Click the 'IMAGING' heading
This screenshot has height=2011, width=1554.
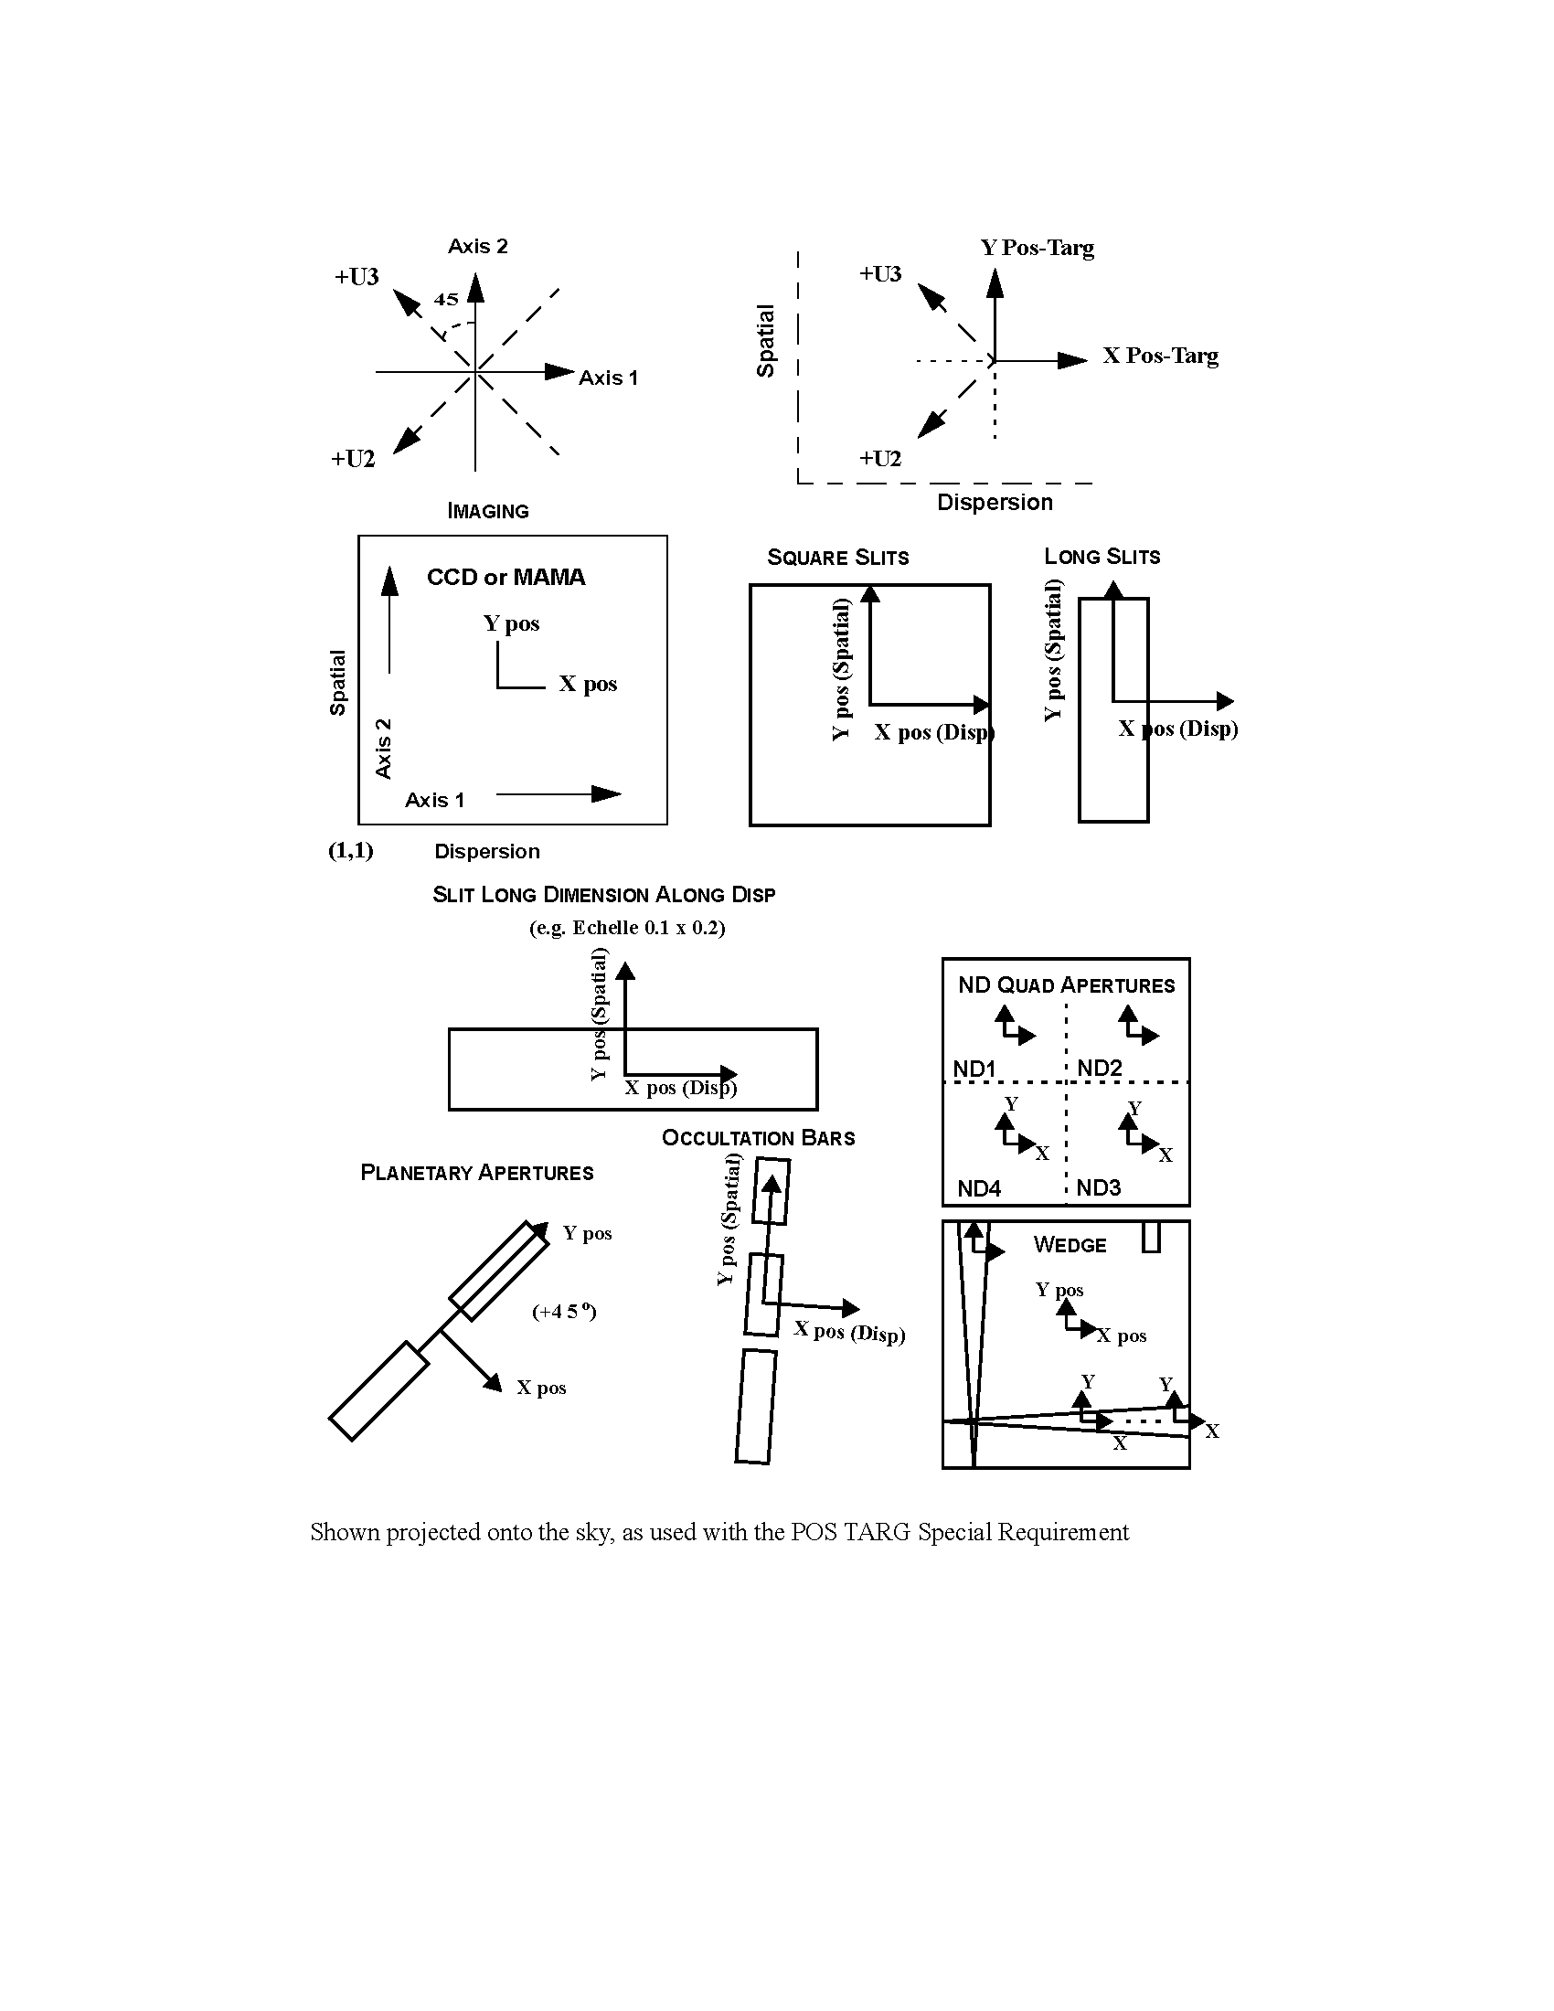point(488,511)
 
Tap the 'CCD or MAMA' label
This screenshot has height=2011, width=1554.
point(506,578)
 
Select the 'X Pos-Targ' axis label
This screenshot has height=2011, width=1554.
point(1161,356)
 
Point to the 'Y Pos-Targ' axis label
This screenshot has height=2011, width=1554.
point(1038,248)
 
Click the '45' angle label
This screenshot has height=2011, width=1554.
point(446,299)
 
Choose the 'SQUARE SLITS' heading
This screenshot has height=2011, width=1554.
point(837,557)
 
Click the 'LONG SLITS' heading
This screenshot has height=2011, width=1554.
point(1102,556)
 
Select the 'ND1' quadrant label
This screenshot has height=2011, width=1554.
point(975,1069)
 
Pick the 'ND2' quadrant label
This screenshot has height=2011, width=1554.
point(1100,1068)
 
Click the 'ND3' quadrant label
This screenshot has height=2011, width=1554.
point(1099,1187)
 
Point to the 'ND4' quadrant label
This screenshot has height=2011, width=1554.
point(980,1188)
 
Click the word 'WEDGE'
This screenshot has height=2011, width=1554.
point(1070,1245)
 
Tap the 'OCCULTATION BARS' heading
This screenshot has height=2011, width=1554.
point(759,1138)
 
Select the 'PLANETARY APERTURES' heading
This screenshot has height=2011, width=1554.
point(477,1173)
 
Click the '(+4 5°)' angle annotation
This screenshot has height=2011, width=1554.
point(564,1311)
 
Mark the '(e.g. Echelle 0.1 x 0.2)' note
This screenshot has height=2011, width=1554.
point(627,927)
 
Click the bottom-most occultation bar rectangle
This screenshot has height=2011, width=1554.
point(756,1406)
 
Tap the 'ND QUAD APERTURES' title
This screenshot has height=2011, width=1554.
point(1067,985)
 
